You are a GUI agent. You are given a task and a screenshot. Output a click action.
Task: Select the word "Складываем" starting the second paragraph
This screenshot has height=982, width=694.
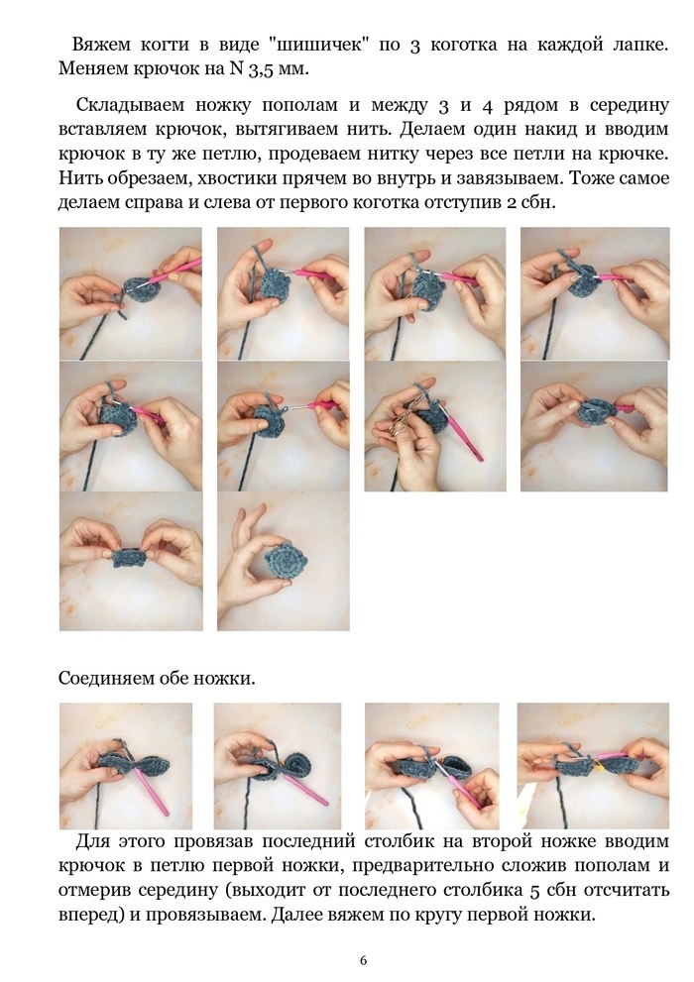tap(133, 106)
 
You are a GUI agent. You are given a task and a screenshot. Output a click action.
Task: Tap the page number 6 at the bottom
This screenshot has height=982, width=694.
tap(364, 961)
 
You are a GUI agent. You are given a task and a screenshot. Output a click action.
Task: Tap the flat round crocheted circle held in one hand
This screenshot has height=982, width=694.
tap(287, 561)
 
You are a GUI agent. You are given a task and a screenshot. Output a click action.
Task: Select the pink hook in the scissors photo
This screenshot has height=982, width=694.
tap(463, 438)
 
